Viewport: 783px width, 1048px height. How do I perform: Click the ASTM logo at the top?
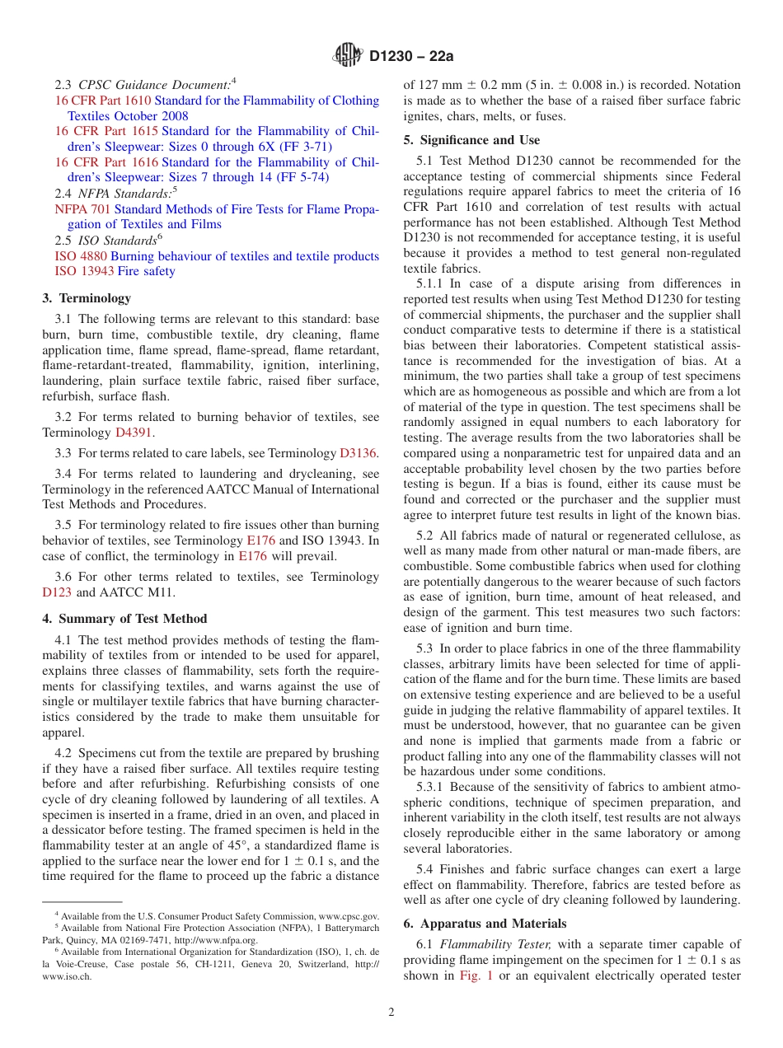347,55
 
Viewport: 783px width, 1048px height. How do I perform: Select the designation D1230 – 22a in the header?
411,56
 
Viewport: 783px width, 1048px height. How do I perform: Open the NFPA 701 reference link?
82,209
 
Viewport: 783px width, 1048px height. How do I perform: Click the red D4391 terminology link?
134,433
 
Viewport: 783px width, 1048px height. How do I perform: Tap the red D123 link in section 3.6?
57,592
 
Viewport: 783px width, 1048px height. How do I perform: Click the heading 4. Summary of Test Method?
124,619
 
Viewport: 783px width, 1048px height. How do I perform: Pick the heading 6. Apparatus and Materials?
485,924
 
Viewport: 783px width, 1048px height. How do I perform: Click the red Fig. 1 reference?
473,976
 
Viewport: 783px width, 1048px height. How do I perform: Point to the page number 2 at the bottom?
391,1013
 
